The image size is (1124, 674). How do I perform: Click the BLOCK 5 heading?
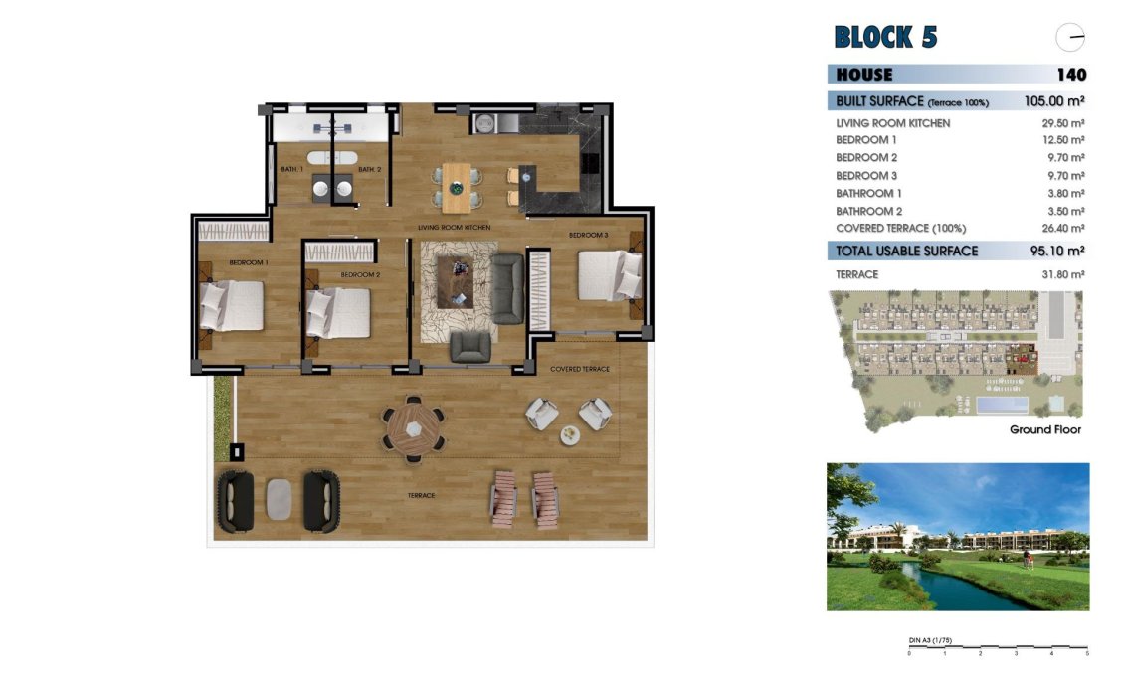coord(885,38)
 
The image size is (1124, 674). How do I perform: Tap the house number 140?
coord(1071,75)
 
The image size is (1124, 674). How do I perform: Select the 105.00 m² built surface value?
coord(1053,101)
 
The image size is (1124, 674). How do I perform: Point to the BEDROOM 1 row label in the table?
coord(866,140)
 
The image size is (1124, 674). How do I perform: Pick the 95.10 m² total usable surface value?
coord(1056,252)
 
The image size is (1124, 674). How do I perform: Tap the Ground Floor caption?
coord(1044,430)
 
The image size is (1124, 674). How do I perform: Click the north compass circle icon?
coord(1070,38)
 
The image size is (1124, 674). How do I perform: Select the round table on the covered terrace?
coord(413,428)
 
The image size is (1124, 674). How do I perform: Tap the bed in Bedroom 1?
coord(233,305)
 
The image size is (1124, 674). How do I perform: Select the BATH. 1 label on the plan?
coord(290,170)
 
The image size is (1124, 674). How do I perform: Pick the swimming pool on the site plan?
coord(1002,406)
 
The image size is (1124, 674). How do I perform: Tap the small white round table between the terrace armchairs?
coord(569,433)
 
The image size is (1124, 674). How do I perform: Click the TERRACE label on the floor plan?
coord(422,495)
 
